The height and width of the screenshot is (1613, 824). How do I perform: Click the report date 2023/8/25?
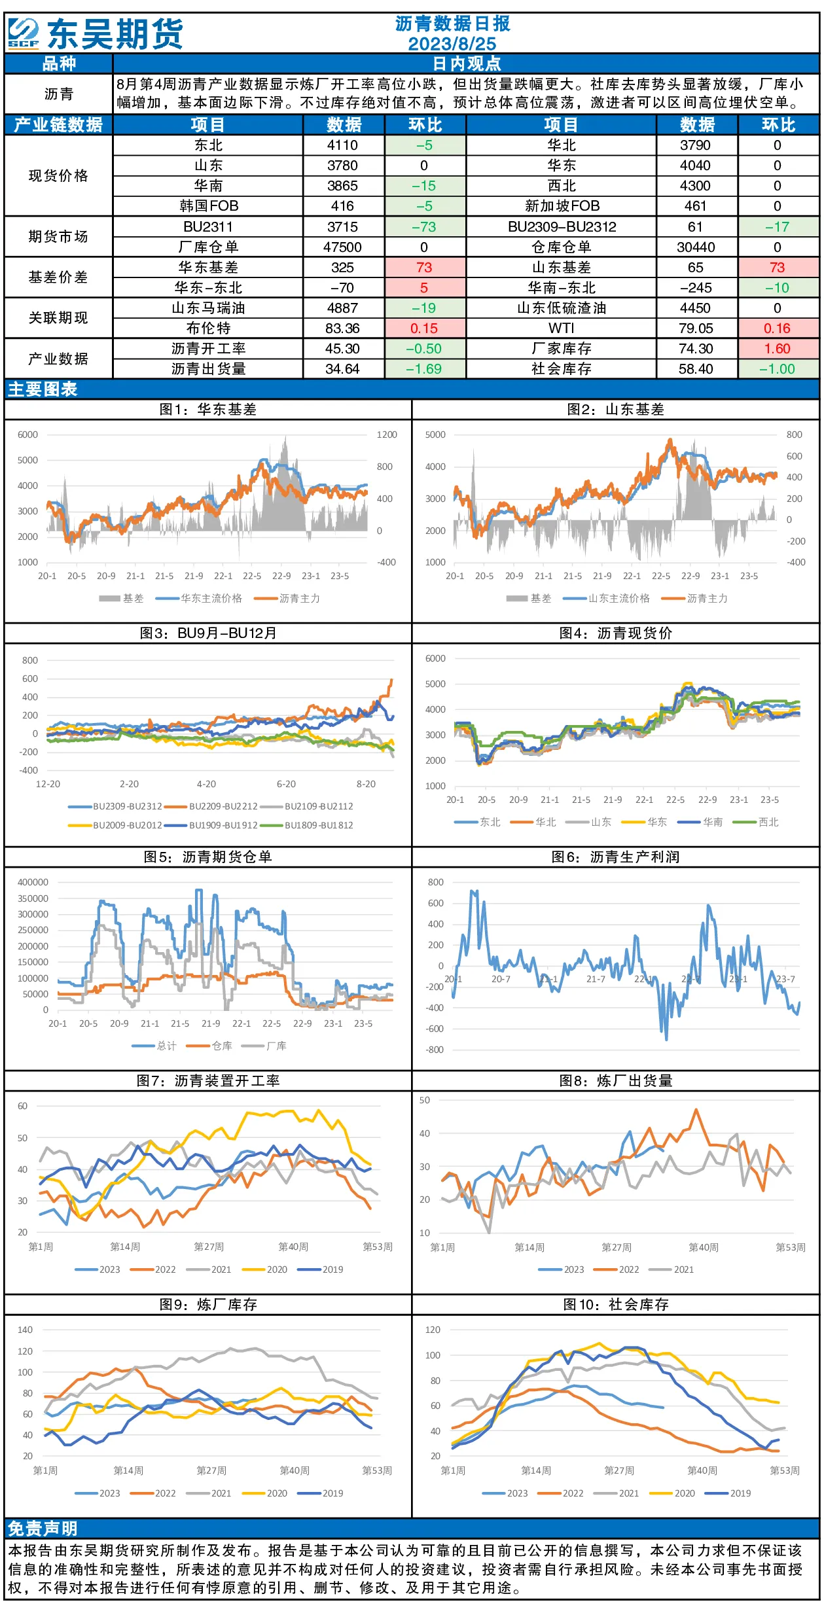click(452, 44)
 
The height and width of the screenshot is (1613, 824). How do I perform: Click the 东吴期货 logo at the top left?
click(96, 33)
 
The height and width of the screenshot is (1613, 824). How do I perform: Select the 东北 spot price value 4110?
click(342, 145)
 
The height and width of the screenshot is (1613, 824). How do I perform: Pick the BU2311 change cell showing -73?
click(424, 227)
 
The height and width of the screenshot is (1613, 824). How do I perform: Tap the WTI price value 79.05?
click(695, 328)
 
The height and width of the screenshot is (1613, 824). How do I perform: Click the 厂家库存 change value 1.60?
click(777, 349)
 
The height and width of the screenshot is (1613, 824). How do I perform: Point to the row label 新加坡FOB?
click(562, 206)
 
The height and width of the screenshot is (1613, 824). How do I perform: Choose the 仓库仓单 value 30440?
click(695, 247)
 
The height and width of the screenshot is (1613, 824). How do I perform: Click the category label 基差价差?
click(58, 277)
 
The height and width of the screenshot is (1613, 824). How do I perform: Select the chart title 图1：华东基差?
click(208, 410)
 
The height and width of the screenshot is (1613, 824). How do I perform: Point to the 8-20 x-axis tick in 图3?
click(366, 784)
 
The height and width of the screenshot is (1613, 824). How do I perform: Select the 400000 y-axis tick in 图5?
click(33, 882)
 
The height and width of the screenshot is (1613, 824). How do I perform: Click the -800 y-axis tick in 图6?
click(435, 1050)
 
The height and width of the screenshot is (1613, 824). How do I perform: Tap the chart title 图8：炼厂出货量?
click(616, 1081)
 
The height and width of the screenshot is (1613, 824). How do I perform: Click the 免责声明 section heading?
click(43, 1529)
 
